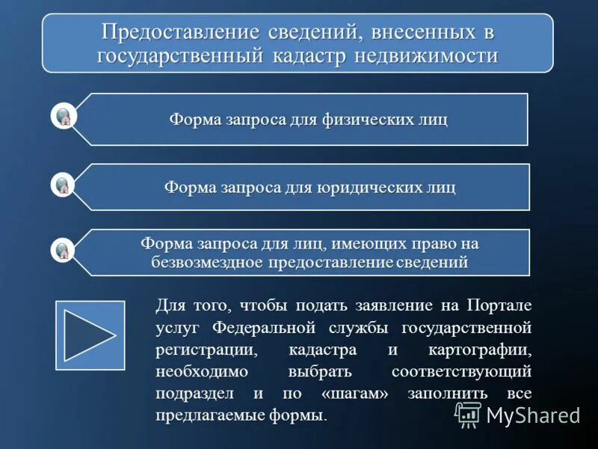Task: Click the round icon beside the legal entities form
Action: coord(64,184)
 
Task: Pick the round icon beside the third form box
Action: coord(64,250)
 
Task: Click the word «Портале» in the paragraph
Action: coord(499,305)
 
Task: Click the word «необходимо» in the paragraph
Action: coord(196,372)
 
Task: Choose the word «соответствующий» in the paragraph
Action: coord(461,372)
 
